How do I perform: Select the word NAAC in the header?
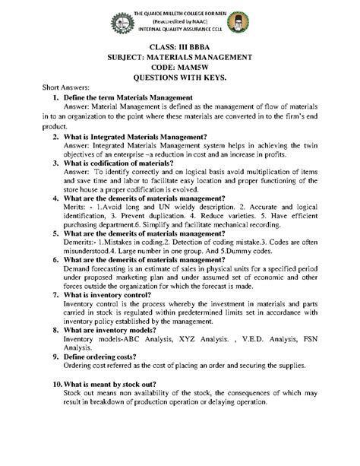click(x=196, y=21)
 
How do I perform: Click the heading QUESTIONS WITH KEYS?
click(x=179, y=77)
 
